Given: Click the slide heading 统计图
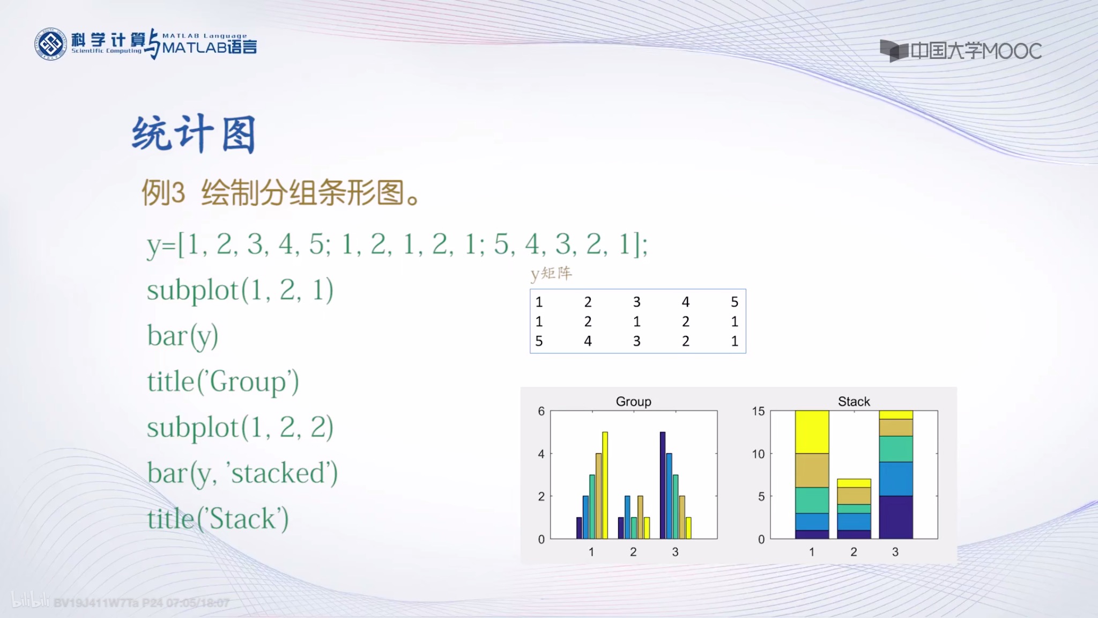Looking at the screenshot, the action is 194,134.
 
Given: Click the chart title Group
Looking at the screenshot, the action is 633,401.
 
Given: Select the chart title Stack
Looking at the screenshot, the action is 854,401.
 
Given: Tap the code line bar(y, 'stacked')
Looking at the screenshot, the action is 242,474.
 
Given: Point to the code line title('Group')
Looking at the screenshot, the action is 223,382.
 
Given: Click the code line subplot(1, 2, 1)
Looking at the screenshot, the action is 240,290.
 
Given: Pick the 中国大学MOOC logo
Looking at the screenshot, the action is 961,51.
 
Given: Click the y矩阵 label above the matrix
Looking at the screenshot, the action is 551,274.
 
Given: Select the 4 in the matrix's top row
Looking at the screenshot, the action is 686,302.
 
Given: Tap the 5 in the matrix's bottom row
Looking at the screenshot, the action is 539,341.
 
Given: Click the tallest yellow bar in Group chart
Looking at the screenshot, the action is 605,485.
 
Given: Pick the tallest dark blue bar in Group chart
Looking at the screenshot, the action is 663,485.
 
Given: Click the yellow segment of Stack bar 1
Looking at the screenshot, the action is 812,432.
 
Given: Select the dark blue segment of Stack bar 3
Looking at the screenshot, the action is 896,517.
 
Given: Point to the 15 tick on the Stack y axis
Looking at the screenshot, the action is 758,411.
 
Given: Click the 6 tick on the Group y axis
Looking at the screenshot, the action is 541,411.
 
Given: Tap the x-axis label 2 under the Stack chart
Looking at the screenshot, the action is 854,552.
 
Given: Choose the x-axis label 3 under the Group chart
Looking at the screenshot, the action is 675,552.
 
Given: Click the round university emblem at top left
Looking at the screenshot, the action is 51,44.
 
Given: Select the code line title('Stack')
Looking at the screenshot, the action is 218,519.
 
